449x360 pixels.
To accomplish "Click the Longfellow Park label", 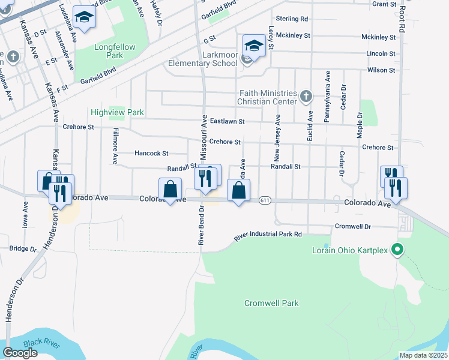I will (115, 51).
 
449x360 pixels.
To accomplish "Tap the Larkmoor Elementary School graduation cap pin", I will (254, 46).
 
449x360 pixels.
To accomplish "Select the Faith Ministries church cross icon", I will (306, 96).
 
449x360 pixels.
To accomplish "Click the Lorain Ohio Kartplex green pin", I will (396, 249).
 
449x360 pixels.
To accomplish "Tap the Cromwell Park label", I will (271, 303).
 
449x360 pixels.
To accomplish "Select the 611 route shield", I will (265, 200).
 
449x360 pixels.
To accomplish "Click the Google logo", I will (20, 353).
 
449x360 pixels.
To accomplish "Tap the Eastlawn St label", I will (228, 122).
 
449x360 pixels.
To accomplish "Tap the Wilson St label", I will (381, 70).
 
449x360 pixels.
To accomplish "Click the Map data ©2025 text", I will (423, 355).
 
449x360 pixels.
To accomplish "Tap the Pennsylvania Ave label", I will (327, 97).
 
